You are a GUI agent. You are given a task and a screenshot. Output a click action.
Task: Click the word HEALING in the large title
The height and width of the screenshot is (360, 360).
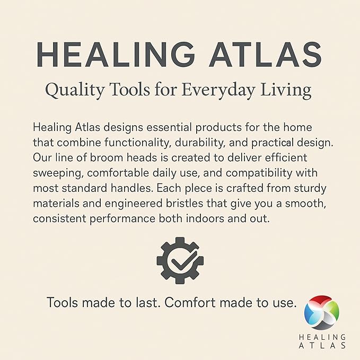click(x=116, y=55)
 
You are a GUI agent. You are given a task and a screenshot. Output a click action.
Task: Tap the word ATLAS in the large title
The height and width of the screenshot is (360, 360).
click(x=266, y=55)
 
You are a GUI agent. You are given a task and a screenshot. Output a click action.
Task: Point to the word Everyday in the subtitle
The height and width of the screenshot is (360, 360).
click(x=218, y=91)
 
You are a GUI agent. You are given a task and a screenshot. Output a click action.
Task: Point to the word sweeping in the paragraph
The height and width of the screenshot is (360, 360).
click(x=58, y=173)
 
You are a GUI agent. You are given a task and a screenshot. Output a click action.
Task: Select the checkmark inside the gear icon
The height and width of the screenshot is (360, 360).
click(x=183, y=261)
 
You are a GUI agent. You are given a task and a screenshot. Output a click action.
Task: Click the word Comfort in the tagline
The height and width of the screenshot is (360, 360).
click(x=190, y=302)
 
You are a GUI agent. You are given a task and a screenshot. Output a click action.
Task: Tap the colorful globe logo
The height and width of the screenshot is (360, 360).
click(x=322, y=312)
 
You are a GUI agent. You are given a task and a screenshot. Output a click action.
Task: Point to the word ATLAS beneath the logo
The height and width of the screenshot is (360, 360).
click(x=322, y=346)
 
